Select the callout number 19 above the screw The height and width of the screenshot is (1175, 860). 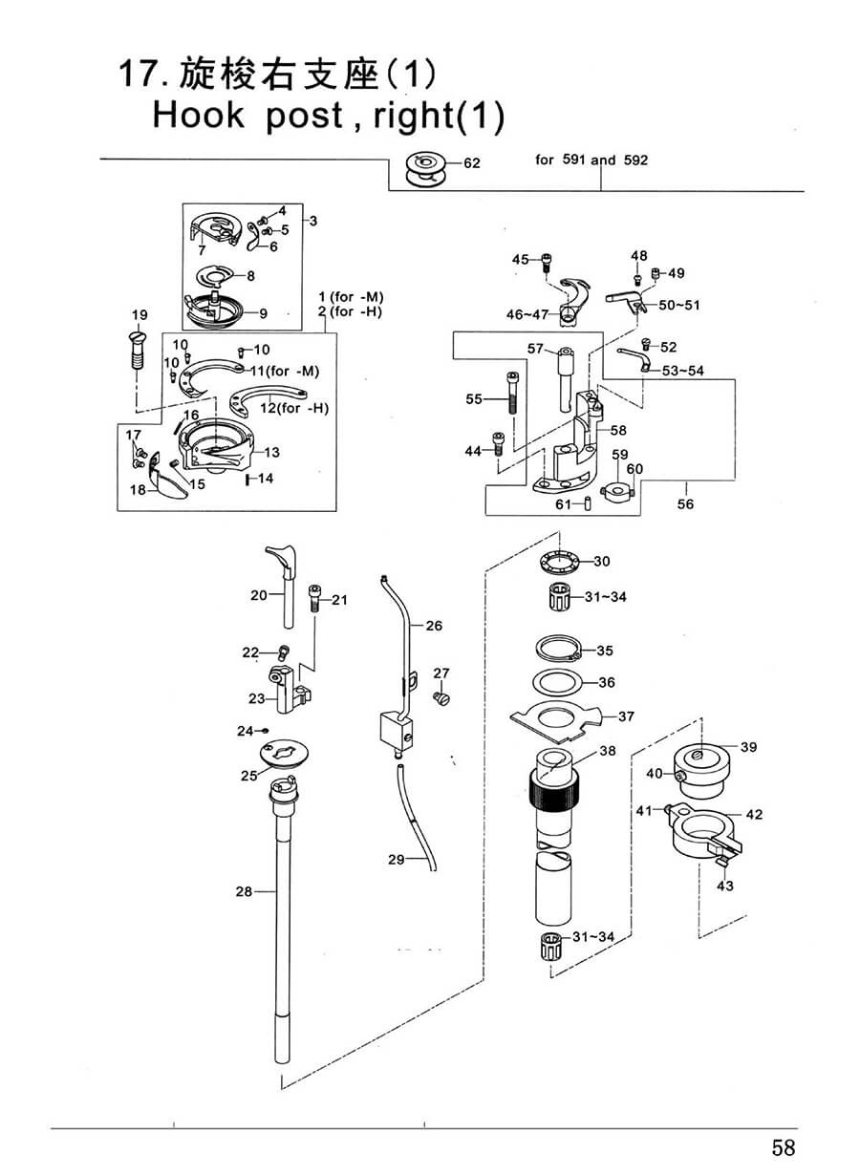pyautogui.click(x=140, y=314)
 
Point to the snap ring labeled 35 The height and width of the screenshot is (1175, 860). pyautogui.click(x=558, y=650)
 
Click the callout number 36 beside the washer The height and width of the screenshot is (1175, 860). pyautogui.click(x=606, y=682)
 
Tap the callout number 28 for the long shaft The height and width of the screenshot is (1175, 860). pyautogui.click(x=244, y=891)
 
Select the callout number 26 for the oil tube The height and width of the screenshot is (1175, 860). pyautogui.click(x=434, y=626)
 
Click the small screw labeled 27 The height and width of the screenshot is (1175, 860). pyautogui.click(x=441, y=697)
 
